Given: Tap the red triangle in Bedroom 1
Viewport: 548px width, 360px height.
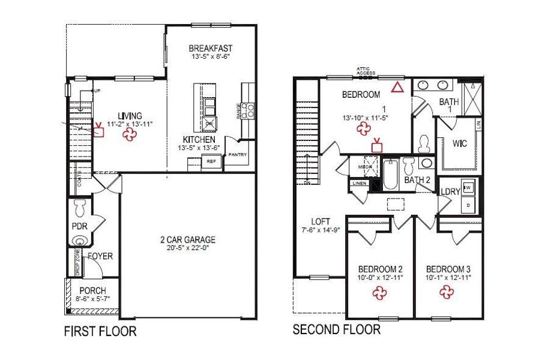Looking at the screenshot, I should tap(397, 88).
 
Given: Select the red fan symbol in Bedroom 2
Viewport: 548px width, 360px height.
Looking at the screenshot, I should tap(379, 292).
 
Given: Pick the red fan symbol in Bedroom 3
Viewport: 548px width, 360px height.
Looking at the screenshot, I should tap(446, 292).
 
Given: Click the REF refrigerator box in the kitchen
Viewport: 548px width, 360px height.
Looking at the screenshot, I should tap(211, 162).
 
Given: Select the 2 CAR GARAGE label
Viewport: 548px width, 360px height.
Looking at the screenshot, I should tap(187, 240).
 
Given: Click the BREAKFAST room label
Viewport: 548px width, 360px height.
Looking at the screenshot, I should tap(210, 49).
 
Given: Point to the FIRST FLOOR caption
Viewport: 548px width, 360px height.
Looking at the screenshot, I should tap(100, 331).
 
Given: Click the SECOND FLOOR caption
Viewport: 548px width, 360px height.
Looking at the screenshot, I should tap(336, 329).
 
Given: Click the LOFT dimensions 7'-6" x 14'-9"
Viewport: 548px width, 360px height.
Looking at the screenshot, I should tap(322, 229).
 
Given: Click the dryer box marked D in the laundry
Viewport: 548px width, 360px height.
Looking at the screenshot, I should tap(469, 205).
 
